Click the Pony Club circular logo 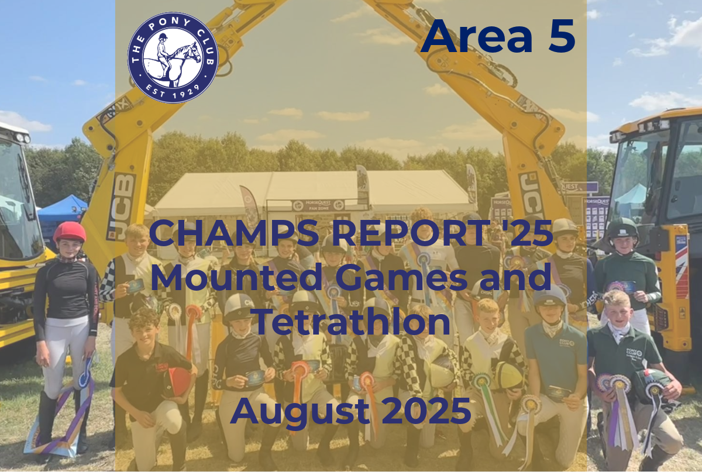173,58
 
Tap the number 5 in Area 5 562,36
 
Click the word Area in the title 477,36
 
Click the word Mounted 237,277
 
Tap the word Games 402,277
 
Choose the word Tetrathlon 353,321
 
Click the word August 300,411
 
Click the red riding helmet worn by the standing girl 70,232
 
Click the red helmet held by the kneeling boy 177,381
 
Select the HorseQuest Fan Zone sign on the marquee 318,206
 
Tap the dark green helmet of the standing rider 622,229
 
